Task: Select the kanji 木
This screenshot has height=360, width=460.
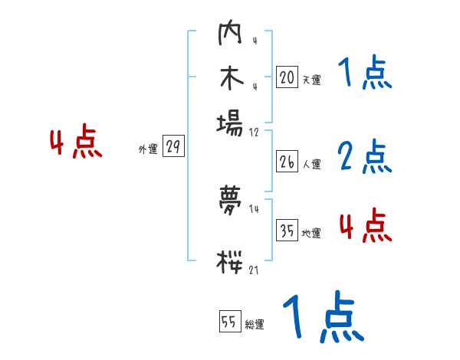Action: point(230,79)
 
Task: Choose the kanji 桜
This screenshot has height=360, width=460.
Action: point(230,260)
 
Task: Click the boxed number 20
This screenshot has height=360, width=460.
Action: point(287,77)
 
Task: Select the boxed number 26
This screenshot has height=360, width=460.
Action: point(287,162)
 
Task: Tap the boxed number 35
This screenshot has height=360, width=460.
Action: point(287,231)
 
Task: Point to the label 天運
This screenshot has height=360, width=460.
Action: point(311,80)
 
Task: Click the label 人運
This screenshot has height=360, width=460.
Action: point(311,164)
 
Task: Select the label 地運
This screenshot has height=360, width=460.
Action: point(311,233)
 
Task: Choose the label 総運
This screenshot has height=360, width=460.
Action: point(254,325)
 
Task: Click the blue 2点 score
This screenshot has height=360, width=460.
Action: point(365,157)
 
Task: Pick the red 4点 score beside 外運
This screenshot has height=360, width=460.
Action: point(76,144)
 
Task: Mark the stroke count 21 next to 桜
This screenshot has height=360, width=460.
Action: point(254,270)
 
